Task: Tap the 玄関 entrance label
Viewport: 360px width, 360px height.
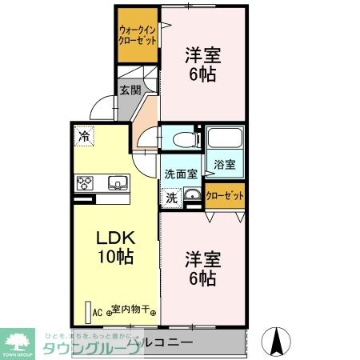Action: click(x=129, y=90)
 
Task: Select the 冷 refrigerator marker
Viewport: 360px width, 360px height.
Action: click(x=83, y=137)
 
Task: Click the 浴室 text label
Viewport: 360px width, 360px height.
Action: click(x=224, y=165)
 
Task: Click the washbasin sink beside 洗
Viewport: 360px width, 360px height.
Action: click(x=192, y=196)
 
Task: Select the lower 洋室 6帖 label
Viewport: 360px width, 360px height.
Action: click(x=202, y=269)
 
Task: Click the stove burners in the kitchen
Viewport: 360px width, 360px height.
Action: click(x=86, y=183)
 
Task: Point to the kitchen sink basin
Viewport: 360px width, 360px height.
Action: click(x=117, y=182)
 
